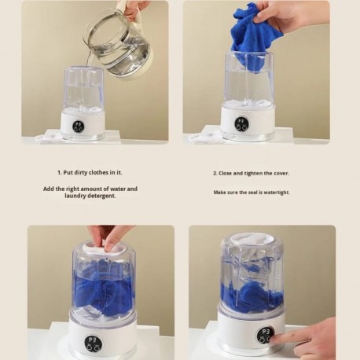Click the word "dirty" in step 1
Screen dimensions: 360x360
point(81,173)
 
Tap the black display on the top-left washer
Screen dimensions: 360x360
point(79,127)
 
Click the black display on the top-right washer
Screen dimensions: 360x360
point(242,124)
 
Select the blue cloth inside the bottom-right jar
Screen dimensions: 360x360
point(252,293)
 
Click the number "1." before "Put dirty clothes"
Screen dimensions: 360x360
point(60,173)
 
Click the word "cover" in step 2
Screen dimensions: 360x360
point(281,174)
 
